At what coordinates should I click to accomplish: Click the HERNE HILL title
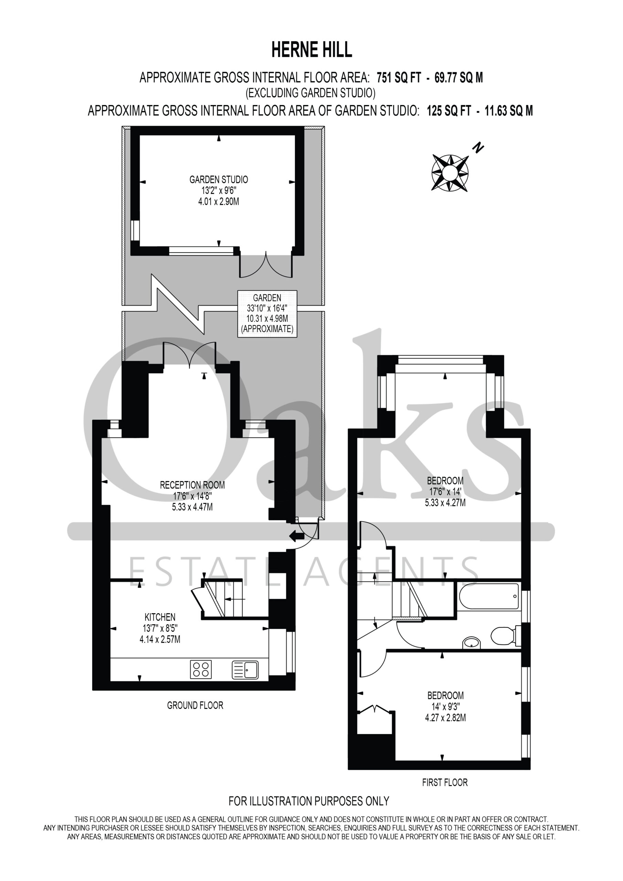click(x=312, y=50)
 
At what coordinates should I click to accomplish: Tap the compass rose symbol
click(x=450, y=173)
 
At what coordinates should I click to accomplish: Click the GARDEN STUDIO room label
click(x=219, y=179)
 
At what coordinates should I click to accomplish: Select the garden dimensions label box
click(x=267, y=314)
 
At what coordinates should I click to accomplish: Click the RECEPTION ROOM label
click(x=192, y=485)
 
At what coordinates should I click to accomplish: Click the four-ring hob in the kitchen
click(x=201, y=669)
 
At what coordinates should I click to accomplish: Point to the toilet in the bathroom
click(x=506, y=637)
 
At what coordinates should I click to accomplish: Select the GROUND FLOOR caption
click(x=195, y=705)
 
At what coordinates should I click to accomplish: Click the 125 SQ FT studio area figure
click(x=449, y=111)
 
